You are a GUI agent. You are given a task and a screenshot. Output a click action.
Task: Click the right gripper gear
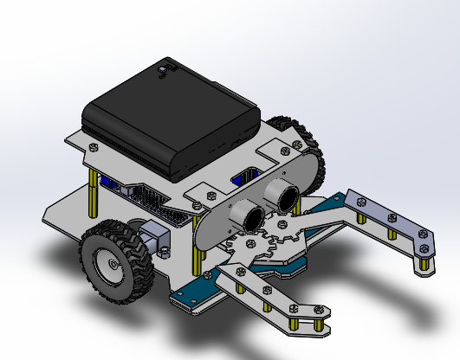[286, 232]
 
